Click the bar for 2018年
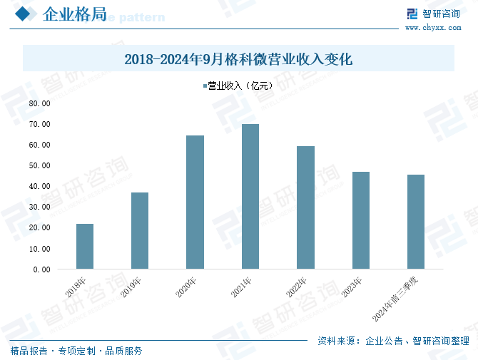pos(85,247)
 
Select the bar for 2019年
pos(140,231)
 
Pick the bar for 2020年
pos(195,202)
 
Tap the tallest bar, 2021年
pos(250,197)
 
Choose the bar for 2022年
pos(305,207)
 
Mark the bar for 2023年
pos(360,220)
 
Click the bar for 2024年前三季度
pos(415,222)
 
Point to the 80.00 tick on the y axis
pos(39,103)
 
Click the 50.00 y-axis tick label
pos(39,165)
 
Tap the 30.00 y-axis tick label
pos(39,207)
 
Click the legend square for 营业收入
pos(203,86)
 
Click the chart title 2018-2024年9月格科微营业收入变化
pos(238,59)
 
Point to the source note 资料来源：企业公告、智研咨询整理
pos(393,341)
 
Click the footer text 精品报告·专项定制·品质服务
pos(76,351)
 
